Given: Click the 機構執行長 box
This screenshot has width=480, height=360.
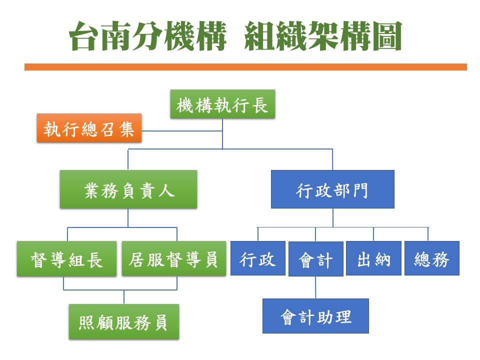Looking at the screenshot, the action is click(x=222, y=104).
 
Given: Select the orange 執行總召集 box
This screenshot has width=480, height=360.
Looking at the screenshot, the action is click(x=89, y=128).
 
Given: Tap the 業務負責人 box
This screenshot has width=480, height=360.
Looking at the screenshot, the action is click(x=128, y=189).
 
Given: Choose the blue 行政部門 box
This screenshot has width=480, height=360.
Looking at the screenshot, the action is click(x=333, y=189).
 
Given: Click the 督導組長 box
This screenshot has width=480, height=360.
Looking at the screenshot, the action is click(x=66, y=258).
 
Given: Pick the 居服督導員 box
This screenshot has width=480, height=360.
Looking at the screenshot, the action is click(x=174, y=258).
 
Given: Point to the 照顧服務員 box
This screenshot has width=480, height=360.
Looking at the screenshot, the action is click(x=124, y=321).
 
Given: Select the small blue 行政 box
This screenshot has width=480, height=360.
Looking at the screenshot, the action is click(x=258, y=258).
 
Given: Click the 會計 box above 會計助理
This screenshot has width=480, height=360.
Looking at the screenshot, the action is click(x=316, y=259).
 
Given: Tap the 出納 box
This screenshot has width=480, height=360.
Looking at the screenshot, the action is click(x=374, y=258).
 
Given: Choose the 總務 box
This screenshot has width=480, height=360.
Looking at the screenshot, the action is click(x=432, y=258).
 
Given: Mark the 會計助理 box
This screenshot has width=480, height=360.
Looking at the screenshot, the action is click(x=315, y=316).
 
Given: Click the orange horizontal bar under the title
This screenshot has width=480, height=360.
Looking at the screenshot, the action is click(x=245, y=67).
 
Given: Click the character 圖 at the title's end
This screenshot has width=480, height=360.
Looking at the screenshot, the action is click(x=387, y=36).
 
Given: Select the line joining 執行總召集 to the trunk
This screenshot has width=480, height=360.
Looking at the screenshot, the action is click(x=182, y=131).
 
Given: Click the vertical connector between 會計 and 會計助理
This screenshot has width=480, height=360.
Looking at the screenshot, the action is click(x=315, y=287).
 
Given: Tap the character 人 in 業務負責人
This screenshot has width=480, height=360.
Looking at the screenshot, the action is click(x=166, y=190).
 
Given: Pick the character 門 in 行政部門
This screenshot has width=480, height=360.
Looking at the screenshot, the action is click(x=360, y=190).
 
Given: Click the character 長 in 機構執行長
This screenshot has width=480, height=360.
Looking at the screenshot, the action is click(x=260, y=105).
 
